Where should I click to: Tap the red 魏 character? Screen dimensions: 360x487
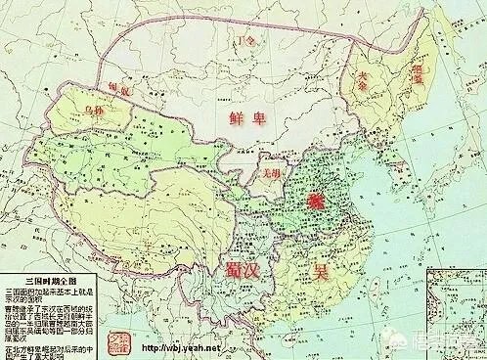[315, 199]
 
